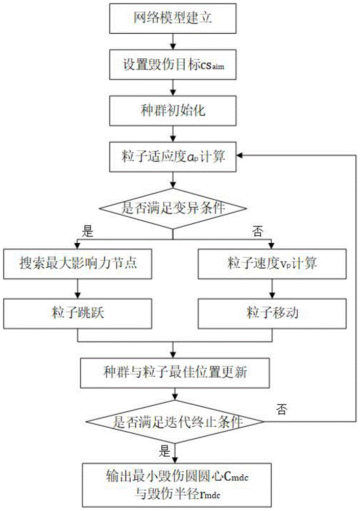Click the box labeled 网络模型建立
coord(174,19)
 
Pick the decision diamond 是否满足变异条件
coord(174,208)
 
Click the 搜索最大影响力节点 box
coord(77,263)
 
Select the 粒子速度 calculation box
coord(270,263)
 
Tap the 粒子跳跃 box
coord(77,311)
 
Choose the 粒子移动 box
coord(270,311)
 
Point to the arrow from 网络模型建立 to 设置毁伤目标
coord(174,41)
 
